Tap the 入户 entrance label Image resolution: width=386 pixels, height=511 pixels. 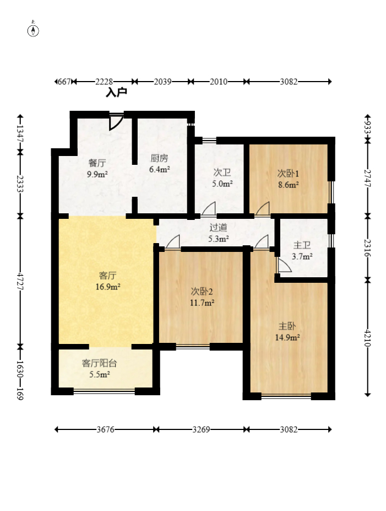coord(116,93)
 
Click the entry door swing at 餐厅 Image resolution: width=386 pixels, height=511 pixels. coord(116,122)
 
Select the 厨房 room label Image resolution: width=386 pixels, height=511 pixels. coord(159,158)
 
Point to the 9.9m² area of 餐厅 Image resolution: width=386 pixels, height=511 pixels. coord(97,174)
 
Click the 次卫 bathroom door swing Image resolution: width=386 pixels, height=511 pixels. coord(208,208)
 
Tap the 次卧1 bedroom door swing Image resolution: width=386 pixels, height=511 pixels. coord(262,208)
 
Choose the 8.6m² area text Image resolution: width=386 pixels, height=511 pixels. coord(289,185)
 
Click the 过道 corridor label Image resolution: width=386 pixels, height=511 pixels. coord(219,228)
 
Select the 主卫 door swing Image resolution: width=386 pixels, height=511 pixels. coord(284,265)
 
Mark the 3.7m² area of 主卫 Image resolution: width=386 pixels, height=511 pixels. coord(302,256)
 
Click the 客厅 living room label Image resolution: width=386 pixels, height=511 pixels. coord(107,276)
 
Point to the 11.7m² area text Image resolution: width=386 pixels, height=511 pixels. coord(202,303)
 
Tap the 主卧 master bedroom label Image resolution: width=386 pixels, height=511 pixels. coord(287,326)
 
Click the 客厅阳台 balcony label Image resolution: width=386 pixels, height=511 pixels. coord(99,363)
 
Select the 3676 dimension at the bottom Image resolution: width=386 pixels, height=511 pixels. coord(106,429)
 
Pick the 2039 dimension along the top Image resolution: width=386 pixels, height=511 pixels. coord(163,82)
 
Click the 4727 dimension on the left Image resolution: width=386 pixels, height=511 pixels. coord(20,282)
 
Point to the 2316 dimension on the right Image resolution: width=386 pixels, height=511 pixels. coord(367,248)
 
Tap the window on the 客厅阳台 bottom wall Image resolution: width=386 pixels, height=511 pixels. coord(105,391)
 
